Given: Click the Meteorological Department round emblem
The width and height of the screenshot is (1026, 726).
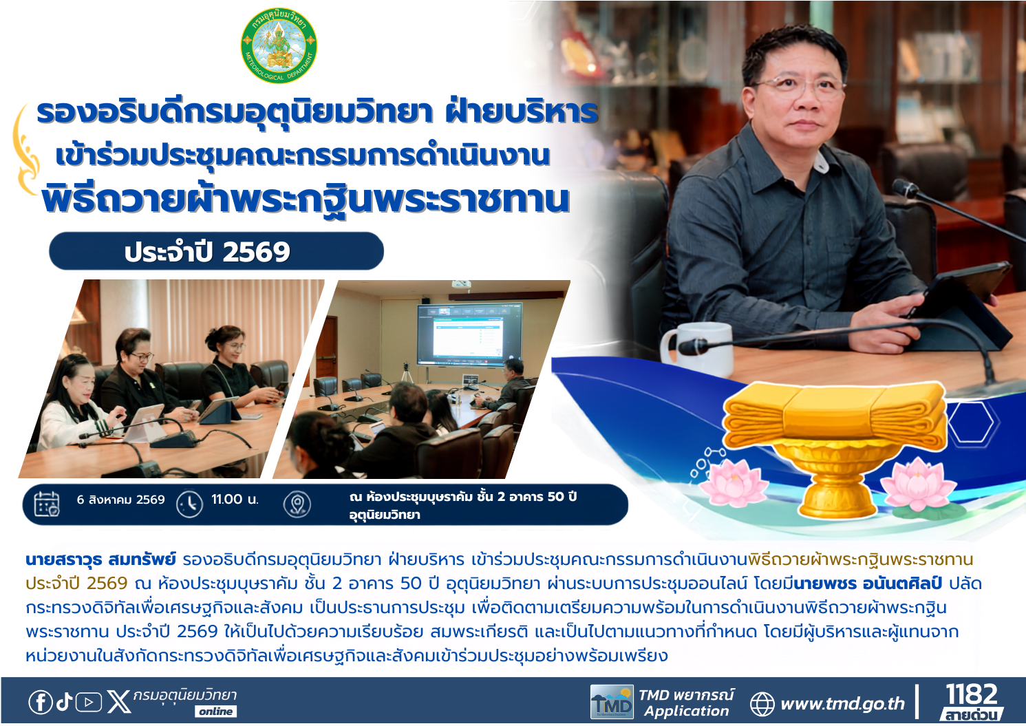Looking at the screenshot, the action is coord(279,45).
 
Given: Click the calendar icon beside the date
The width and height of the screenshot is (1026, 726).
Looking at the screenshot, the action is coord(47,504).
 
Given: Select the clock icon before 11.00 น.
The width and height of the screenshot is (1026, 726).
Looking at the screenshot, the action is coord(190,504).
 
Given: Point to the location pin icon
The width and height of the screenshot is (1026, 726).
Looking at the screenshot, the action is coord(297,504).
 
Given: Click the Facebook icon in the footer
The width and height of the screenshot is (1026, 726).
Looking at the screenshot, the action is coord(41,702).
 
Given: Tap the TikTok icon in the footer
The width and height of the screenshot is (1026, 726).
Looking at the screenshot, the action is coord(64,702).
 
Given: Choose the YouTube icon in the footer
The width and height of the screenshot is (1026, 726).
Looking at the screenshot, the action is coord(88,703).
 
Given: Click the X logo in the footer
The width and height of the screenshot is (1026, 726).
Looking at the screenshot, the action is coord(118,702).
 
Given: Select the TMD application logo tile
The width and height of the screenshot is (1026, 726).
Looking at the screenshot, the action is coord(612,702).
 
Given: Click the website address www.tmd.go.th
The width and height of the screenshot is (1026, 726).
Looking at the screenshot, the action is coord(843,703).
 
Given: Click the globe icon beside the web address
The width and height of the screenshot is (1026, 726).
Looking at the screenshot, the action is coord(762,704).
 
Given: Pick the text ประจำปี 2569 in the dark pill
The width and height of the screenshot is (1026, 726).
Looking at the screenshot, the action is coord(207,251).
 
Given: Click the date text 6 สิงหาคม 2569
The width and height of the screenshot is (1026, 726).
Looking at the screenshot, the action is coord(120,500).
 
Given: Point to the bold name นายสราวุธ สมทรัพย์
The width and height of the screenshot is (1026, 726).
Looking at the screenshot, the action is coord(100,559).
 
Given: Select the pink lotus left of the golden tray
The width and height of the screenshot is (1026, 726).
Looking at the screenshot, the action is coord(735,483).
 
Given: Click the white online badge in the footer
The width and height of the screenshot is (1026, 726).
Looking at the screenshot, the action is coord(216,712).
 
